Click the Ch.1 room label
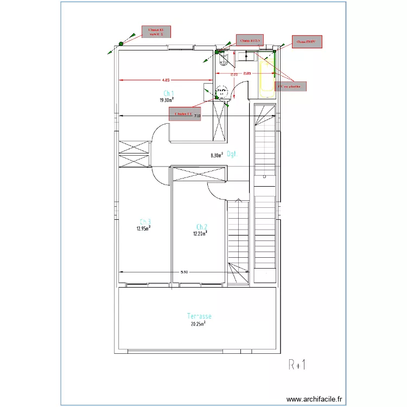[168, 93]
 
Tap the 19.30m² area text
[167, 100]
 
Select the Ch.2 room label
[201, 227]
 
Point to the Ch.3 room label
[145, 221]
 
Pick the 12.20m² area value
[200, 234]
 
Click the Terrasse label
[199, 316]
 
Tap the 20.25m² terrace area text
[198, 324]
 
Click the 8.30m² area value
[217, 155]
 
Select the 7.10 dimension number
[197, 116]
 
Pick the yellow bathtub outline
[266, 79]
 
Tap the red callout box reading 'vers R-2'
[156, 31]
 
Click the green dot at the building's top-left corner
[119, 44]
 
